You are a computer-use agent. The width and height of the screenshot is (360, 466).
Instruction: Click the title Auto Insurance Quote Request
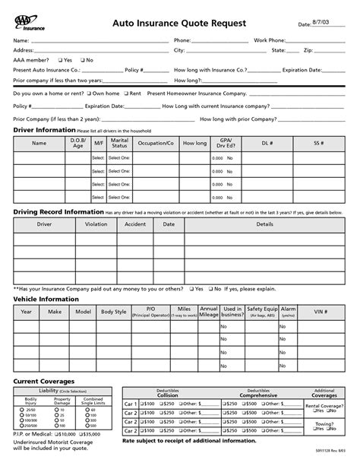(x=179, y=24)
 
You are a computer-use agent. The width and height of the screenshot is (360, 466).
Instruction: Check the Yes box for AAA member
(x=59, y=59)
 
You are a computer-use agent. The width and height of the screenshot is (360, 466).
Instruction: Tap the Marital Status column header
(x=119, y=142)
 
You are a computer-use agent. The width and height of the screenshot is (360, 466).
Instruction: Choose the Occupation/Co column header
(x=155, y=142)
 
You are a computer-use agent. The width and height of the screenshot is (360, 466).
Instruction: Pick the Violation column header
(x=96, y=225)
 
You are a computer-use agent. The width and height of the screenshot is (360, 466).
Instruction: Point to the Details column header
(x=264, y=225)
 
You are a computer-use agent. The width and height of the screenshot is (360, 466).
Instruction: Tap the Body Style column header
(x=114, y=312)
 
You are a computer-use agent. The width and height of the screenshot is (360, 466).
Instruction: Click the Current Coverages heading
(x=44, y=379)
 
